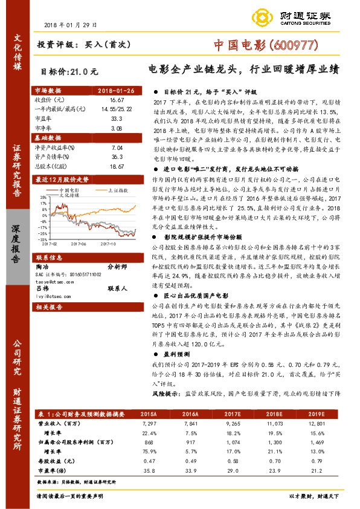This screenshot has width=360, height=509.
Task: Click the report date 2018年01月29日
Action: coord(70,25)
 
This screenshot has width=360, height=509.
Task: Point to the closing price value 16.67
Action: coord(117,99)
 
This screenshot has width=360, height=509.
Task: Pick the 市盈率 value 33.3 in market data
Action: coord(117,119)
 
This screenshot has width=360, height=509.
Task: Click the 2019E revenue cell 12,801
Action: coord(315,424)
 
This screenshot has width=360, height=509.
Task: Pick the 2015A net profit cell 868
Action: coord(149,443)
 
